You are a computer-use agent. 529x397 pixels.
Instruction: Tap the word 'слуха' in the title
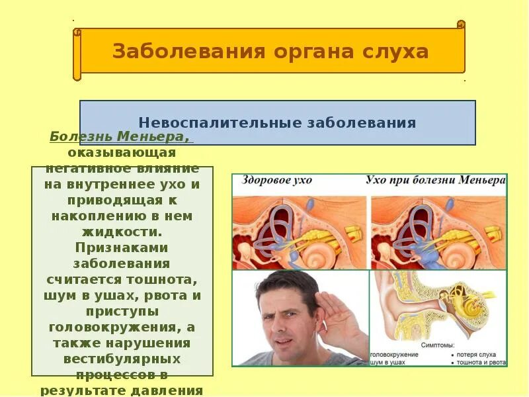click(394, 52)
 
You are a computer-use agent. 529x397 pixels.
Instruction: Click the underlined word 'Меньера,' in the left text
click(155, 137)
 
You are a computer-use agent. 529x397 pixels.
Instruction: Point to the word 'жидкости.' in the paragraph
click(122, 232)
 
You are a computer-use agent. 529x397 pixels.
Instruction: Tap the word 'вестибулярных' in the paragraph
click(122, 358)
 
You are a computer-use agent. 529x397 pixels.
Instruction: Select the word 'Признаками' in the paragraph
click(122, 247)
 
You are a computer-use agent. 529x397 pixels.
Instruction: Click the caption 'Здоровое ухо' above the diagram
click(277, 181)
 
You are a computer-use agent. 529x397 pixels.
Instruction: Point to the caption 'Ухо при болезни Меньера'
click(435, 181)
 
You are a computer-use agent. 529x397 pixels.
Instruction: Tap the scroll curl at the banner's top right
click(461, 25)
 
